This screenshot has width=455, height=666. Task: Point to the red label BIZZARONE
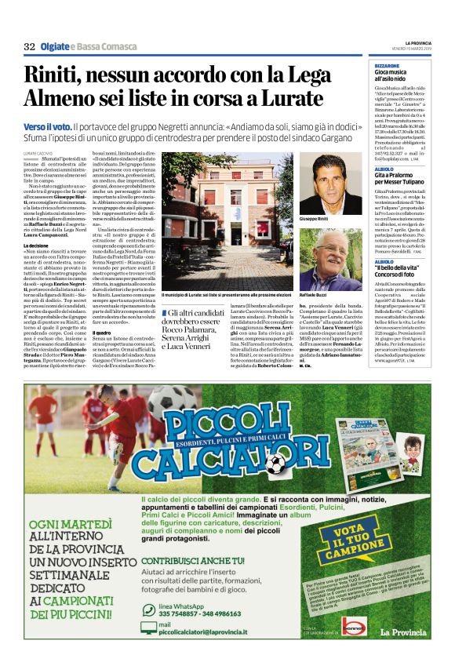(388, 66)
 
